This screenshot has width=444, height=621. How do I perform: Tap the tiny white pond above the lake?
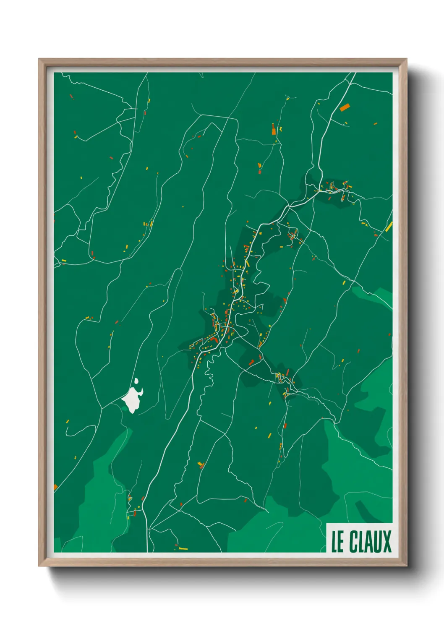click(136, 381)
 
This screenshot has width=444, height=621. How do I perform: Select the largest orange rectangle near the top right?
click(345, 107)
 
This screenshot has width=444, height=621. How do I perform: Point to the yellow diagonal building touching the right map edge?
click(389, 227)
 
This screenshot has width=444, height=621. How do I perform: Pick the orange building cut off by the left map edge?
click(55, 487)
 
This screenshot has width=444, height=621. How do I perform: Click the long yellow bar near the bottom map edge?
click(183, 548)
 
